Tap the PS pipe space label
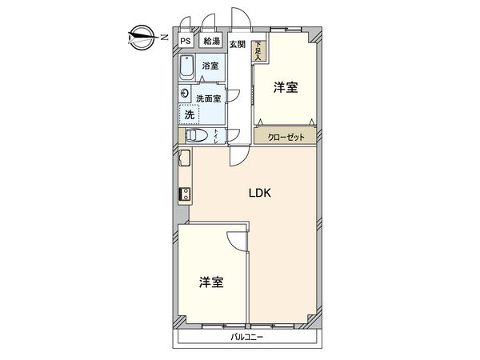(186, 42)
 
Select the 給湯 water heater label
(211, 42)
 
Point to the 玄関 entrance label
(238, 44)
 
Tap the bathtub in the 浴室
(189, 69)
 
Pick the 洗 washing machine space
(190, 114)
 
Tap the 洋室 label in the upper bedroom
(285, 87)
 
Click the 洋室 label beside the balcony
(210, 282)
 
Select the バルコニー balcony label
(249, 337)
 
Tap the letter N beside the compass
(162, 36)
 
